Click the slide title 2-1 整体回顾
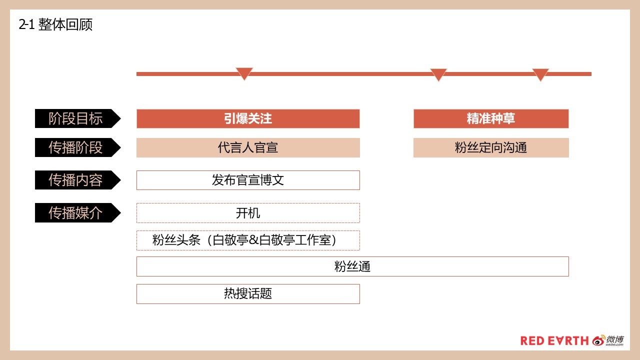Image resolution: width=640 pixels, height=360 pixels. coord(55,24)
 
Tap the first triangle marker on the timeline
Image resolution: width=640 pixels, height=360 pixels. coord(244,73)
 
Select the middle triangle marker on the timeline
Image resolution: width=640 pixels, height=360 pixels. coord(438,74)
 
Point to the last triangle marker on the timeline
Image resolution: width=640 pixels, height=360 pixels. coord(540,74)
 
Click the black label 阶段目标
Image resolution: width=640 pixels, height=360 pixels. coord(77,118)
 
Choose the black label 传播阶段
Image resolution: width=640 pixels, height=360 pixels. coord(77,147)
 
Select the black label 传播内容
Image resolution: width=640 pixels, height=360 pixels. coord(77,180)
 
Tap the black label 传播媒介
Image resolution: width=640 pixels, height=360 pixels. coord(77,212)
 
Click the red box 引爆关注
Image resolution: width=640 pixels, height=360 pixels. coord(248,118)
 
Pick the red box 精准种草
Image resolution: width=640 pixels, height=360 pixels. coord(491,118)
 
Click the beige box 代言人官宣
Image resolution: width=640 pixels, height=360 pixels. coord(248,147)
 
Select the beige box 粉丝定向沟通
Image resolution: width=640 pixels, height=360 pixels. coord(491,147)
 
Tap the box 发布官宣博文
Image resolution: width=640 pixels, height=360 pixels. coord(248,180)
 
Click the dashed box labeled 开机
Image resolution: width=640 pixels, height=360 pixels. coord(248,213)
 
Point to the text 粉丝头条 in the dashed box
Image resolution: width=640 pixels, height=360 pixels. coord(176,240)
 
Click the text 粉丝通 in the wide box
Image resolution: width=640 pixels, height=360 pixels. coord(352,266)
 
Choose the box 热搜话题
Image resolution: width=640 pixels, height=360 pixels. coord(248,294)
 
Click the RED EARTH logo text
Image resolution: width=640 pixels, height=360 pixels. coord(554,341)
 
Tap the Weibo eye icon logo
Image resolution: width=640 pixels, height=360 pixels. coord(598,340)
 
